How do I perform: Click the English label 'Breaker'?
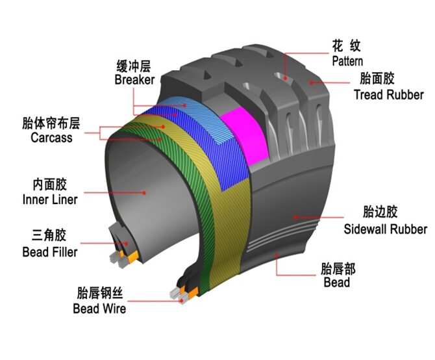point(134,80)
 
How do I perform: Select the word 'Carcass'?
point(51,138)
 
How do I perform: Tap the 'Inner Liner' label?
point(50,199)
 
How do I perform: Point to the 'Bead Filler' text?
point(49,251)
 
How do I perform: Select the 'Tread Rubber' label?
point(388,95)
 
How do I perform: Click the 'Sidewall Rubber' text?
point(385,229)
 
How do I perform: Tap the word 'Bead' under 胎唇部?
point(336,282)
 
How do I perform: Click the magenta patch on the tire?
point(243,136)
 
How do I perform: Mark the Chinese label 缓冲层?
point(134,65)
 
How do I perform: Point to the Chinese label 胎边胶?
point(379,212)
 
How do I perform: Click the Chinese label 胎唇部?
point(338,268)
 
